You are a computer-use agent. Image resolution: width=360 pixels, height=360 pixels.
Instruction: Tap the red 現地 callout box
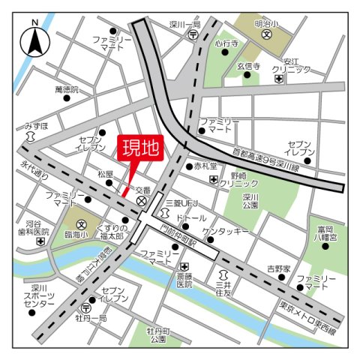[x=140, y=147]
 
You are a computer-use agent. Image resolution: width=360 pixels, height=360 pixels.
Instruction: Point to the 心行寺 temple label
[x=226, y=44]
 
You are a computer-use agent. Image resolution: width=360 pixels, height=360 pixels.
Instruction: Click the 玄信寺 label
[x=248, y=66]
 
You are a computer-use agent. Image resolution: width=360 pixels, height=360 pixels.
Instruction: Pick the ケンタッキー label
[x=225, y=232]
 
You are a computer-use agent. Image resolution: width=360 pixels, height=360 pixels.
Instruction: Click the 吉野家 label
[x=277, y=266]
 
